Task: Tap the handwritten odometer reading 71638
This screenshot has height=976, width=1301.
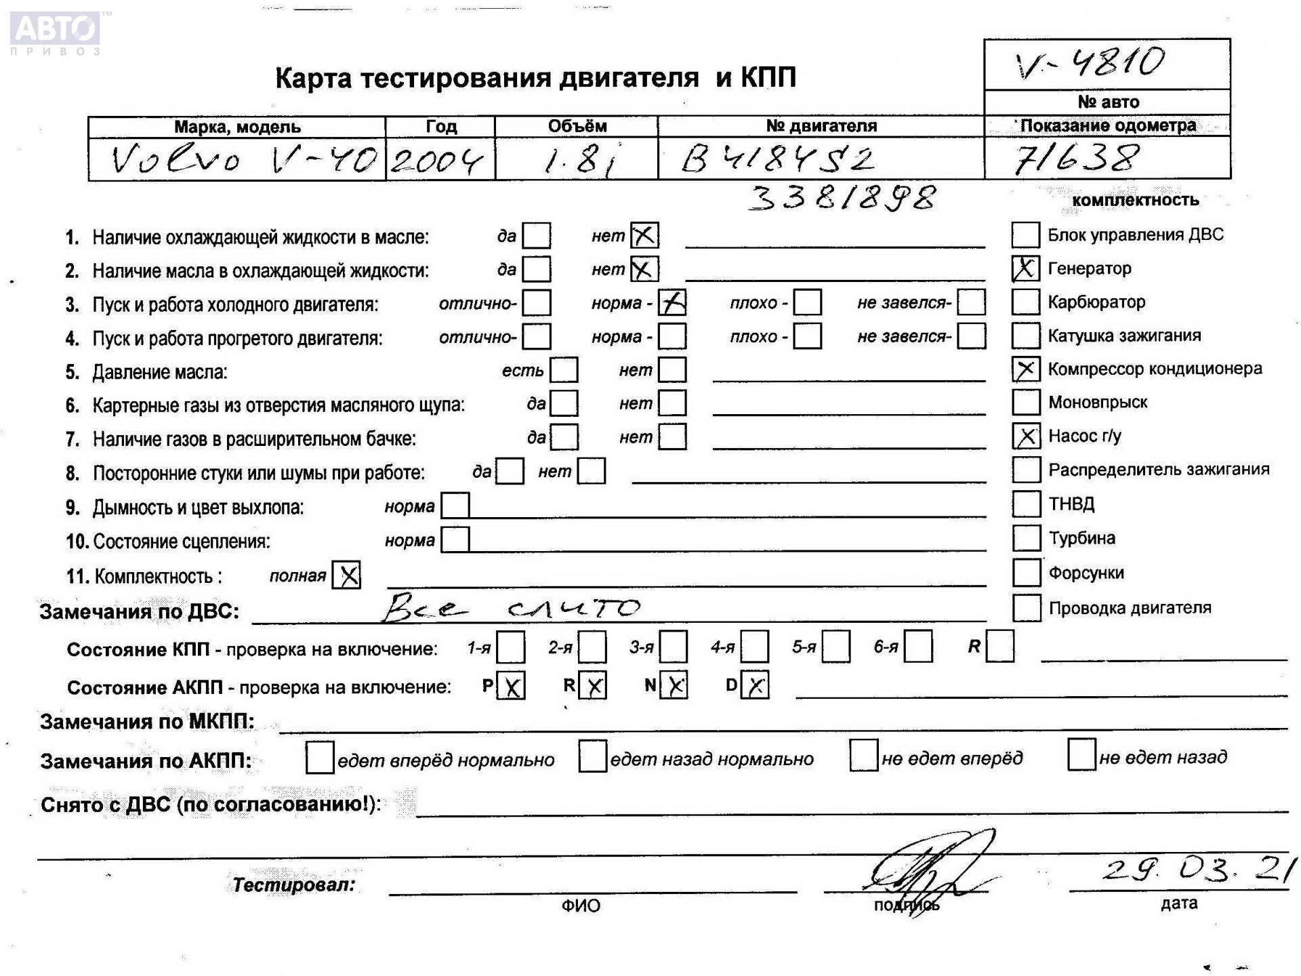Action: (1075, 159)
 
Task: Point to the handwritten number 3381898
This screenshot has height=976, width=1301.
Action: (843, 198)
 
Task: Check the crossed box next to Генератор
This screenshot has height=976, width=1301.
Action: (1025, 268)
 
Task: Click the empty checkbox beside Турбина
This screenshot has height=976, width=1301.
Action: (1026, 538)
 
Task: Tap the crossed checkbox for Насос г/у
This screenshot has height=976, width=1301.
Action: (1026, 436)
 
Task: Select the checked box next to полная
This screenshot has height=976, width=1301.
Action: (347, 575)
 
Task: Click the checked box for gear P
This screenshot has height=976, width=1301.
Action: (512, 686)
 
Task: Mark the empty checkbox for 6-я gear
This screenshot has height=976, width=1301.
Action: (918, 647)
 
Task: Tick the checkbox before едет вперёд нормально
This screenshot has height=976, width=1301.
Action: (319, 758)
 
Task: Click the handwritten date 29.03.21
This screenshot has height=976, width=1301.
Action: (1199, 870)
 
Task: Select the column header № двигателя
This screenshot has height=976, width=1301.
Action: (821, 126)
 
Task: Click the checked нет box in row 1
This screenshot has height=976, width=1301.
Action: (644, 236)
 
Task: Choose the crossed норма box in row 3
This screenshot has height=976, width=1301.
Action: (672, 303)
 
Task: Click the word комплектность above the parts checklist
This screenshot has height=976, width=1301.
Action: (1135, 200)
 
